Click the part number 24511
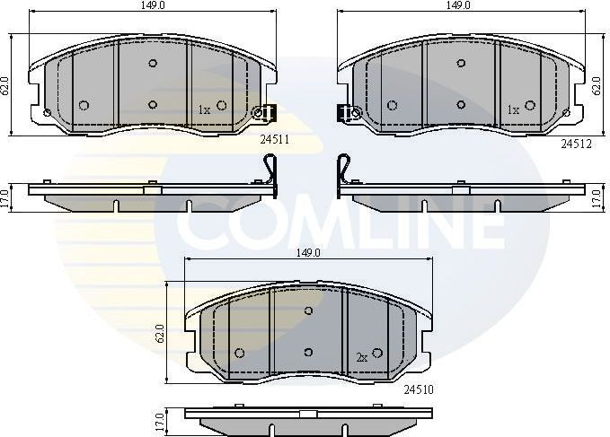pyautogui.click(x=273, y=139)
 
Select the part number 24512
pyautogui.click(x=578, y=141)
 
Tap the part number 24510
pyautogui.click(x=420, y=389)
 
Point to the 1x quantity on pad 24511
pyautogui.click(x=204, y=109)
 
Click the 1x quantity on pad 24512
pyautogui.click(x=512, y=109)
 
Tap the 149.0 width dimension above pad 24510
pyautogui.click(x=308, y=253)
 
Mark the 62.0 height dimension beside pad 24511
pyautogui.click(x=5, y=86)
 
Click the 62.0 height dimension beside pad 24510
pyautogui.click(x=160, y=334)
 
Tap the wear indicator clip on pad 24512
pyautogui.click(x=348, y=113)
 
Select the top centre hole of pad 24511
pyautogui.click(x=153, y=63)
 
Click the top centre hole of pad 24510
pyautogui.click(x=308, y=310)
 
